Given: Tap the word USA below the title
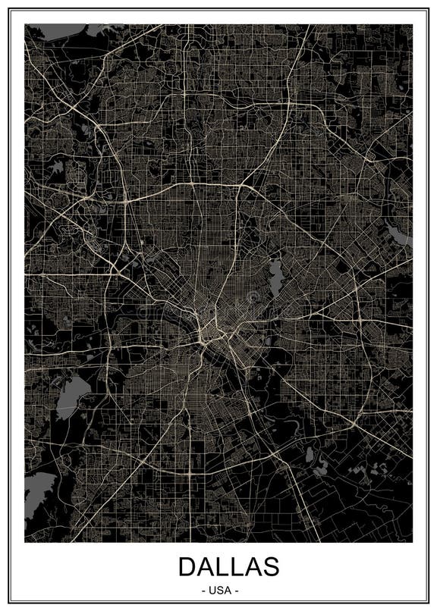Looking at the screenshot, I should click(218, 590).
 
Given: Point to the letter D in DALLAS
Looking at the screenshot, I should click(187, 566).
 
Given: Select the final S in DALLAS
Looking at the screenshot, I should click(271, 566).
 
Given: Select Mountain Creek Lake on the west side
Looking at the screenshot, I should click(74, 394).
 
